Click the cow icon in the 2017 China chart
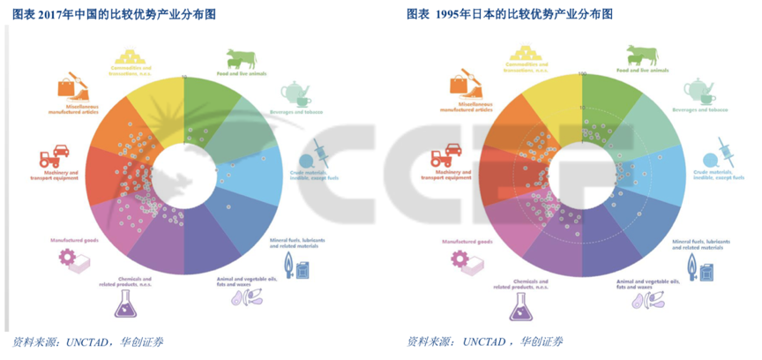(x=240, y=59)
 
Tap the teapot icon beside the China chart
(x=295, y=94)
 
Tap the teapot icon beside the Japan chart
(x=698, y=90)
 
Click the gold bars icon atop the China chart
(x=132, y=56)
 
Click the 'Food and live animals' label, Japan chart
(x=642, y=69)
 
